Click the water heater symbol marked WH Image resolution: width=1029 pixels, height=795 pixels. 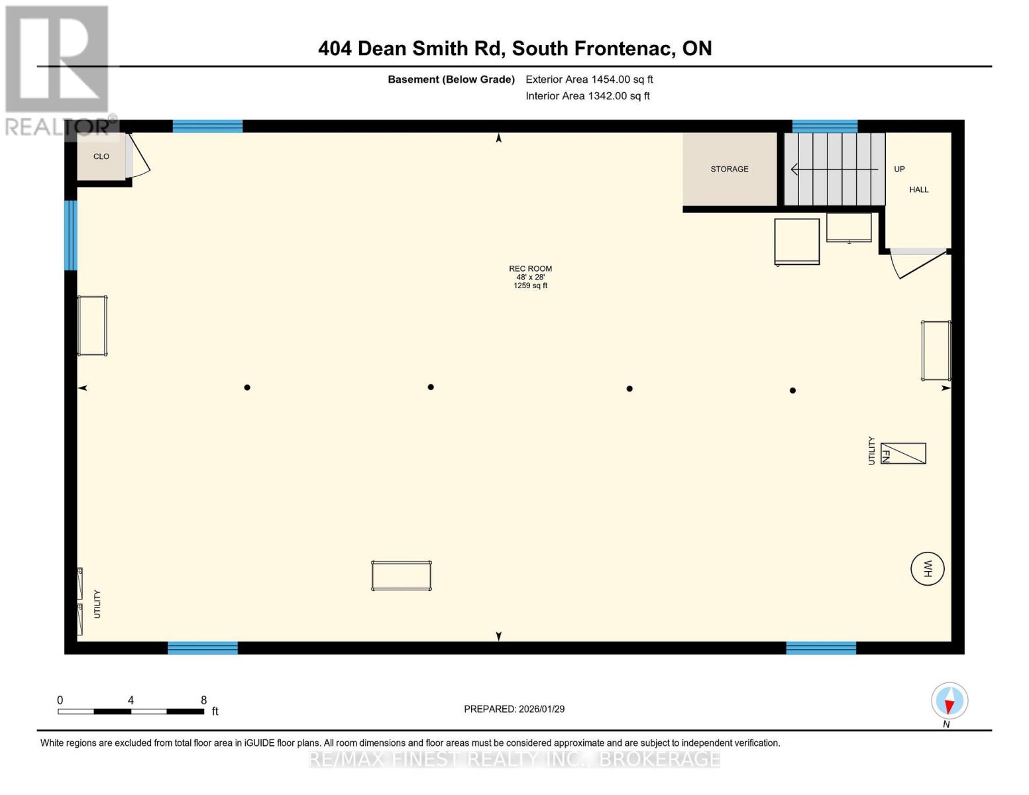pyautogui.click(x=927, y=568)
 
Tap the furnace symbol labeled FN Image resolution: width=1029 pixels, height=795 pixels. pyautogui.click(x=902, y=454)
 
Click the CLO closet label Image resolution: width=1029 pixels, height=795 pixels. pyautogui.click(x=101, y=156)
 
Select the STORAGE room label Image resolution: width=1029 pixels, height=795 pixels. pyautogui.click(x=729, y=169)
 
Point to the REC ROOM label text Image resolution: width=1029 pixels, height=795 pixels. pyautogui.click(x=530, y=268)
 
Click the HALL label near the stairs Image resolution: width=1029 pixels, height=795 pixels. pyautogui.click(x=918, y=189)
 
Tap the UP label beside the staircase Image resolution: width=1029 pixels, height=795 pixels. pyautogui.click(x=899, y=169)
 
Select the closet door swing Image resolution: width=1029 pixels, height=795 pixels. pyautogui.click(x=140, y=156)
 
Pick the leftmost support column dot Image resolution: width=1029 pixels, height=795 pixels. pyautogui.click(x=247, y=388)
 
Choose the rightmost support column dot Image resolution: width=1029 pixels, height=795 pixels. pyautogui.click(x=792, y=390)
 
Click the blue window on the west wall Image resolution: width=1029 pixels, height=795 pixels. pyautogui.click(x=70, y=235)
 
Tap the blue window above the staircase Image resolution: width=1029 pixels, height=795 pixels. pyautogui.click(x=824, y=126)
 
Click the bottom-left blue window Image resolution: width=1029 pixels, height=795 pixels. pyautogui.click(x=203, y=648)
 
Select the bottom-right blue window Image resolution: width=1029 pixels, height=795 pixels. pyautogui.click(x=821, y=648)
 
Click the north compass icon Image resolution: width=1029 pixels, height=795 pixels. pyautogui.click(x=949, y=701)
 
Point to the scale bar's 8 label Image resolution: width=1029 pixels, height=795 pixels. pyautogui.click(x=203, y=700)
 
